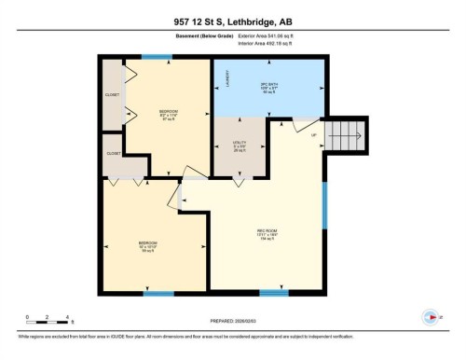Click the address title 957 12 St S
coord(232,21)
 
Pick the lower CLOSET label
coord(113,153)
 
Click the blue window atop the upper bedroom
coord(156,57)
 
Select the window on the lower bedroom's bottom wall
coord(158,294)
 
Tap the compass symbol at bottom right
coord(429,315)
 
